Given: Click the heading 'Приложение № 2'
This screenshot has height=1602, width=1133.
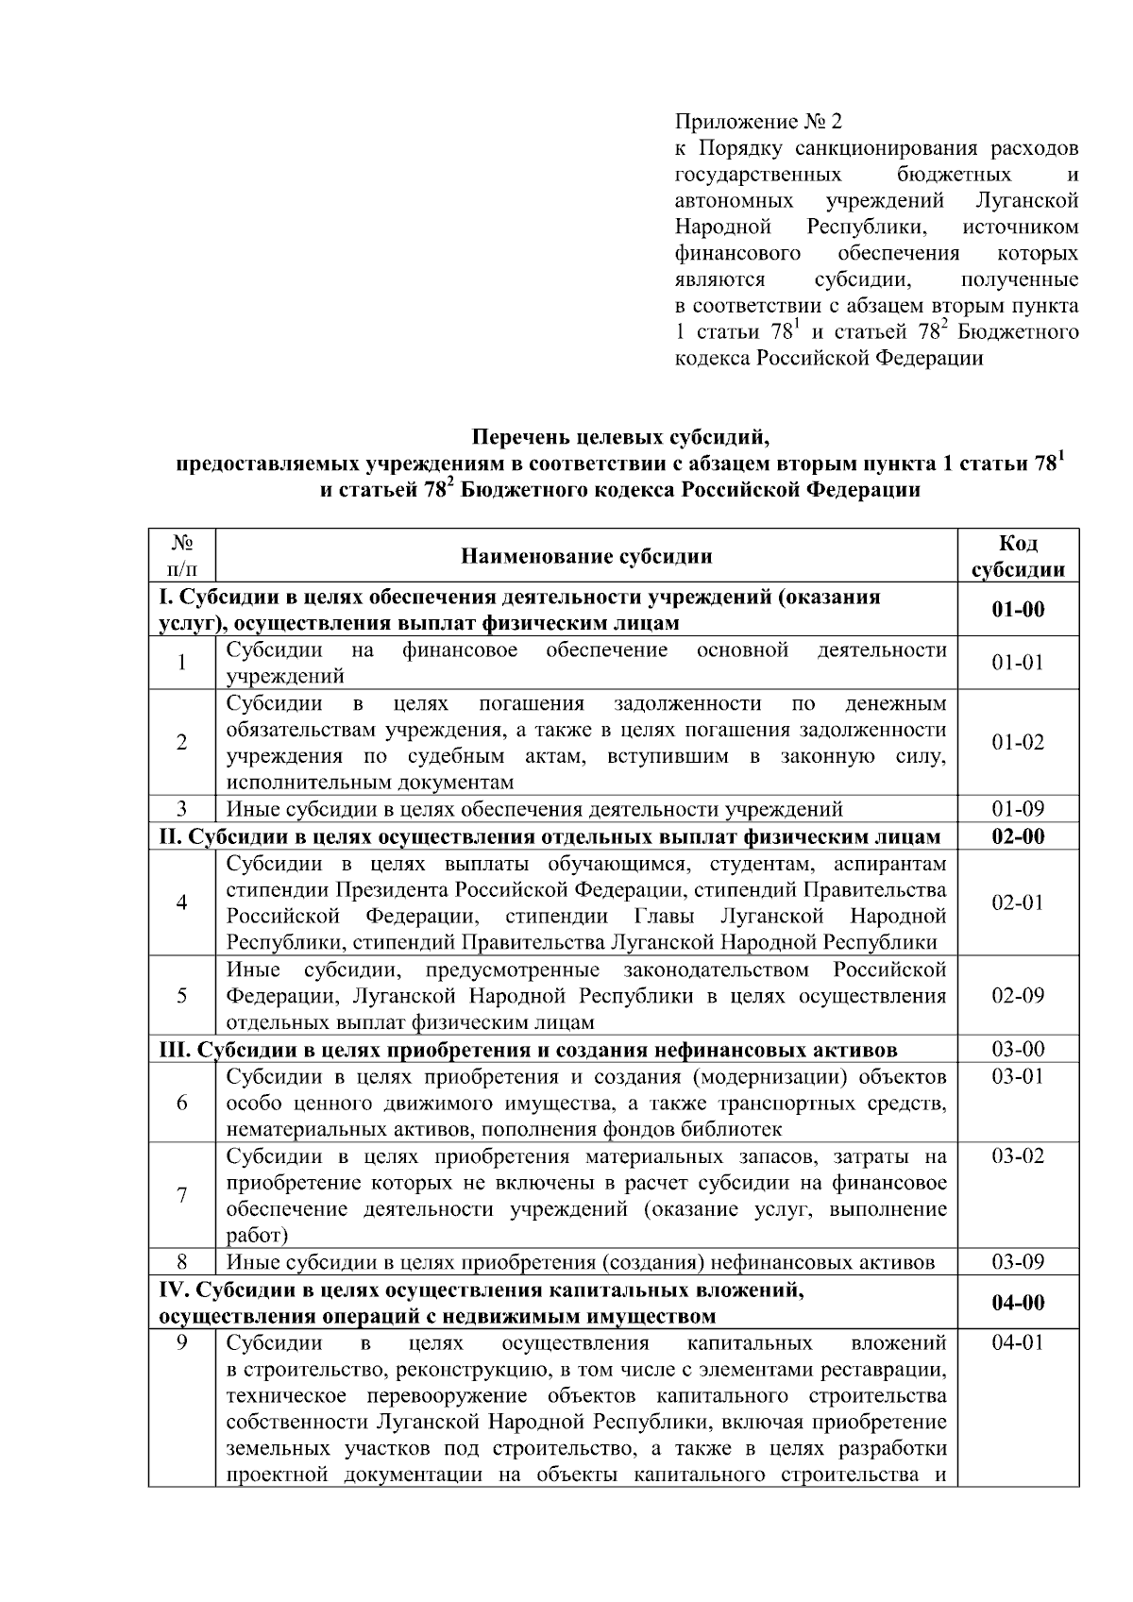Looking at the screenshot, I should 757,122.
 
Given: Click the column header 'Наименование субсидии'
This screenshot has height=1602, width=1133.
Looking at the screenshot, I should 585,556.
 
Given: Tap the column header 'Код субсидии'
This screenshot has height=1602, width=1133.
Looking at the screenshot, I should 1018,556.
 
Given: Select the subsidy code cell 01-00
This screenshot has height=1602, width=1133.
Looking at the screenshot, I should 1018,610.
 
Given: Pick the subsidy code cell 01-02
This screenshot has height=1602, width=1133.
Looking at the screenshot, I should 1018,742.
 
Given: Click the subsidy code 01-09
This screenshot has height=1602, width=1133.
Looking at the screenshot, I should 1018,809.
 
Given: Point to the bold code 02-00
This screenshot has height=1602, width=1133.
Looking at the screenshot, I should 1018,836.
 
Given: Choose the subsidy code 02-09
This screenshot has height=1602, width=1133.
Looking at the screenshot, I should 1018,996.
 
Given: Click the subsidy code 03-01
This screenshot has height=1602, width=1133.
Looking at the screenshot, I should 1018,1077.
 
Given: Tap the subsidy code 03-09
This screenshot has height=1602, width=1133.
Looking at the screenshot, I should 1018,1262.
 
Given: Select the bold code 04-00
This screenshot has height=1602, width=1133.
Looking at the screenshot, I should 1018,1303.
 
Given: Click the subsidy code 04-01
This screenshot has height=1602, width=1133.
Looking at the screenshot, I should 1018,1343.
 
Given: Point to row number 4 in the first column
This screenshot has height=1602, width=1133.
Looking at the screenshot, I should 181,902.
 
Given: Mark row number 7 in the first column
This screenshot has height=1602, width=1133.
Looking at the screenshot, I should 181,1195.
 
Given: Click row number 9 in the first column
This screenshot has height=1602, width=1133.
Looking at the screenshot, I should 181,1343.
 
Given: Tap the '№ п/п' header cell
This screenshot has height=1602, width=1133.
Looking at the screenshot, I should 181,556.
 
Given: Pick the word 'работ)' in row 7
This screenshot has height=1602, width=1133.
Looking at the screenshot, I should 257,1236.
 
